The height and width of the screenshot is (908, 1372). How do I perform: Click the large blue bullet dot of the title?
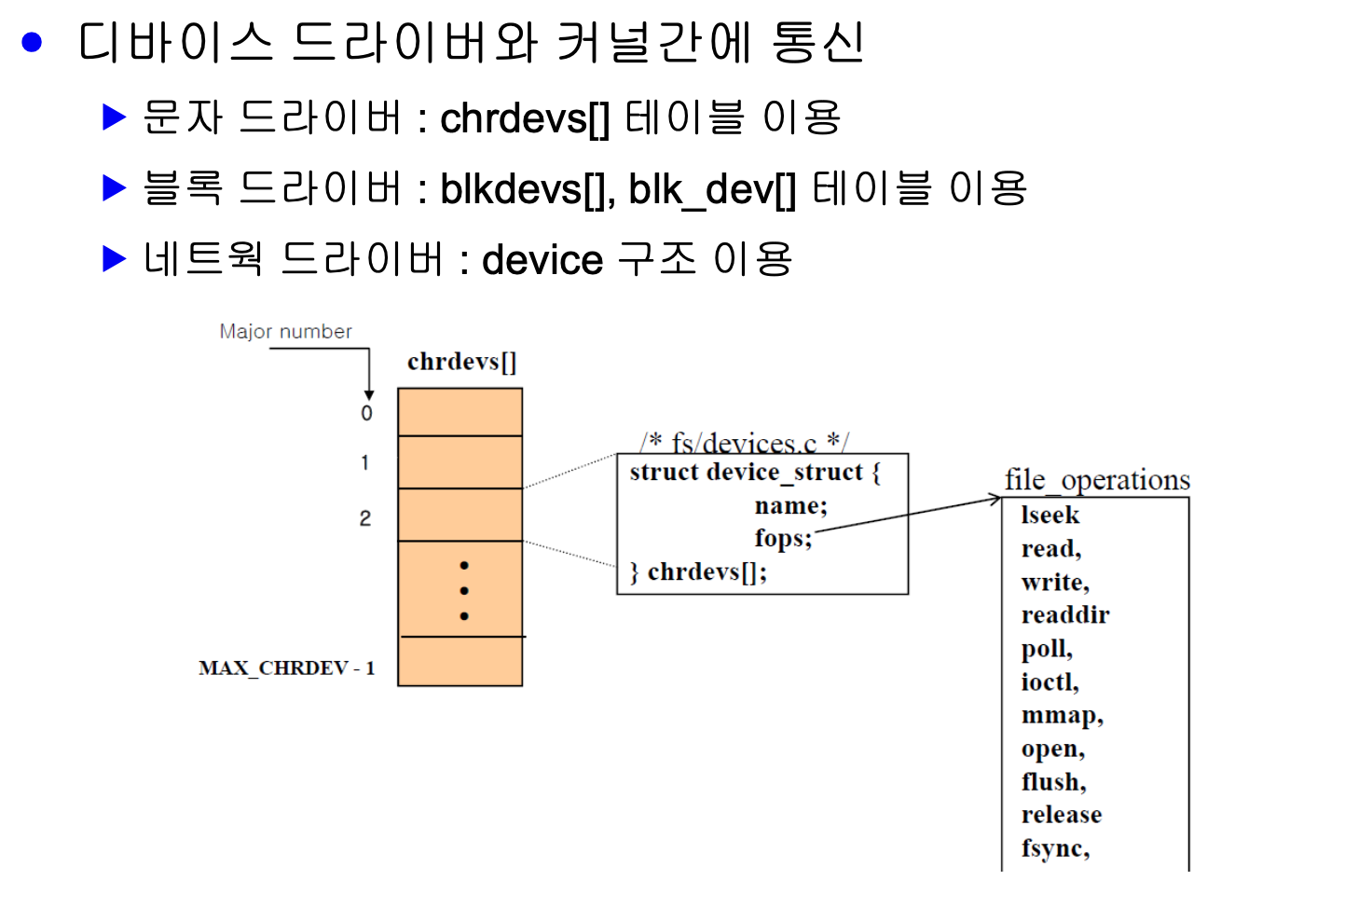33,42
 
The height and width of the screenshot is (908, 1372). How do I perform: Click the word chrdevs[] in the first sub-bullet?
525,118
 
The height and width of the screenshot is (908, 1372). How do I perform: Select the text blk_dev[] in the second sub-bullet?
712,190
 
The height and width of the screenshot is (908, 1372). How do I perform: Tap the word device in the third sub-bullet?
542,260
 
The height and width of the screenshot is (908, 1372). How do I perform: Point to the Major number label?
285,332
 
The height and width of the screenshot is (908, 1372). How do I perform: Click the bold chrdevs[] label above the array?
461,362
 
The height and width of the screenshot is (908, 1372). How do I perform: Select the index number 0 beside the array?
366,413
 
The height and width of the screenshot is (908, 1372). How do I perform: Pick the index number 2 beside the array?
365,518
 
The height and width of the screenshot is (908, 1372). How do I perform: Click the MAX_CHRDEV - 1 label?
286,668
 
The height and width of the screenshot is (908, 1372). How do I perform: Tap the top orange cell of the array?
460,412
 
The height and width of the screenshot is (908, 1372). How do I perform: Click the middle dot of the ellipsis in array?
464,590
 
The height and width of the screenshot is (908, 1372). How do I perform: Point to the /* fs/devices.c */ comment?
744,442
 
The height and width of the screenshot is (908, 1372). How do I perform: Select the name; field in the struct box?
790,505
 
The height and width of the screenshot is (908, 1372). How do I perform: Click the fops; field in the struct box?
783,538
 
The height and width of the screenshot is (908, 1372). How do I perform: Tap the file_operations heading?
1097,480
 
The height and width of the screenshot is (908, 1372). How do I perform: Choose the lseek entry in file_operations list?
1050,516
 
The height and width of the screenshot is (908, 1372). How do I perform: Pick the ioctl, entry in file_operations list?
1050,681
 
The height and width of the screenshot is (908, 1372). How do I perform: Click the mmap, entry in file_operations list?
1062,715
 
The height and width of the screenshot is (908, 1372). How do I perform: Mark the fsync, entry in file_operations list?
1055,848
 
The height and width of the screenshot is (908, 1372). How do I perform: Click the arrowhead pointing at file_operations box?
995,500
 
